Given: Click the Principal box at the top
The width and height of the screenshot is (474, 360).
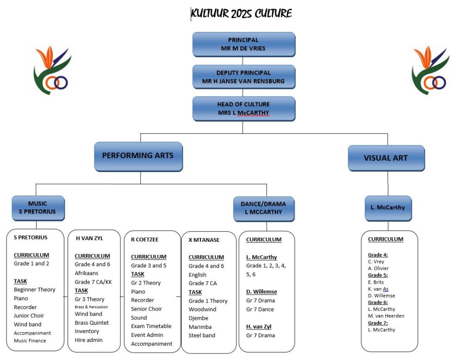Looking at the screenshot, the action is point(243,44).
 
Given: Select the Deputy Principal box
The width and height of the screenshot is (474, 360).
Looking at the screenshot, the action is point(243,77).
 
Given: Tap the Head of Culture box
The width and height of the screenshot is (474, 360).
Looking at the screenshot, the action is point(243,108).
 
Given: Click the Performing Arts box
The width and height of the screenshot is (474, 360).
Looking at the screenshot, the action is point(138,157).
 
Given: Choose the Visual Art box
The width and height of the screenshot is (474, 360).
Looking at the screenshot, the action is point(387,158).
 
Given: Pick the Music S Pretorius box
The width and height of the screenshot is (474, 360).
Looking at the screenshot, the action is point(38,208).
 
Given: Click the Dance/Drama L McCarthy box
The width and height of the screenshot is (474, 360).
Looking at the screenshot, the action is point(264,209).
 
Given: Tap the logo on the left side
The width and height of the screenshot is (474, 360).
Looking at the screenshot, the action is point(52,70).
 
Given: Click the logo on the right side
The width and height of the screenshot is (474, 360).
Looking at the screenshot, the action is point(430,70).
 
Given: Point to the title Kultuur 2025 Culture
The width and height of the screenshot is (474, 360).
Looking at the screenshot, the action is point(242,13).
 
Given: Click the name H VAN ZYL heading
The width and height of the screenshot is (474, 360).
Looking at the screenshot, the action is point(89,239).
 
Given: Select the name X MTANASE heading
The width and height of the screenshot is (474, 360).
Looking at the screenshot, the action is point(204,240).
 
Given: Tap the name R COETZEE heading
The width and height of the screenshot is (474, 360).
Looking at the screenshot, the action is point(145,240).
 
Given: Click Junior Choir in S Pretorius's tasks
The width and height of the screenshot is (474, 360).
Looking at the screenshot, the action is point(29,316).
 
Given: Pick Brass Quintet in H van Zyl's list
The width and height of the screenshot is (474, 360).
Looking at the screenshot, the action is point(92,323).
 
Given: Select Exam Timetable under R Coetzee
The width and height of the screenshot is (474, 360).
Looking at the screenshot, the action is point(151,326).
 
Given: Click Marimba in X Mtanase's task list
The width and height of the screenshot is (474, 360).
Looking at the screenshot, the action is point(200,327).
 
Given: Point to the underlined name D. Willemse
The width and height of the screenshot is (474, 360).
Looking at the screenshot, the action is point(262,291).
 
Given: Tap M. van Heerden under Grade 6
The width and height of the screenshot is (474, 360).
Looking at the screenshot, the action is point(386,316).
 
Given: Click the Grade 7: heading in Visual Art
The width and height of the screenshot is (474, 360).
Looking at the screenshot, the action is point(378,323).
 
